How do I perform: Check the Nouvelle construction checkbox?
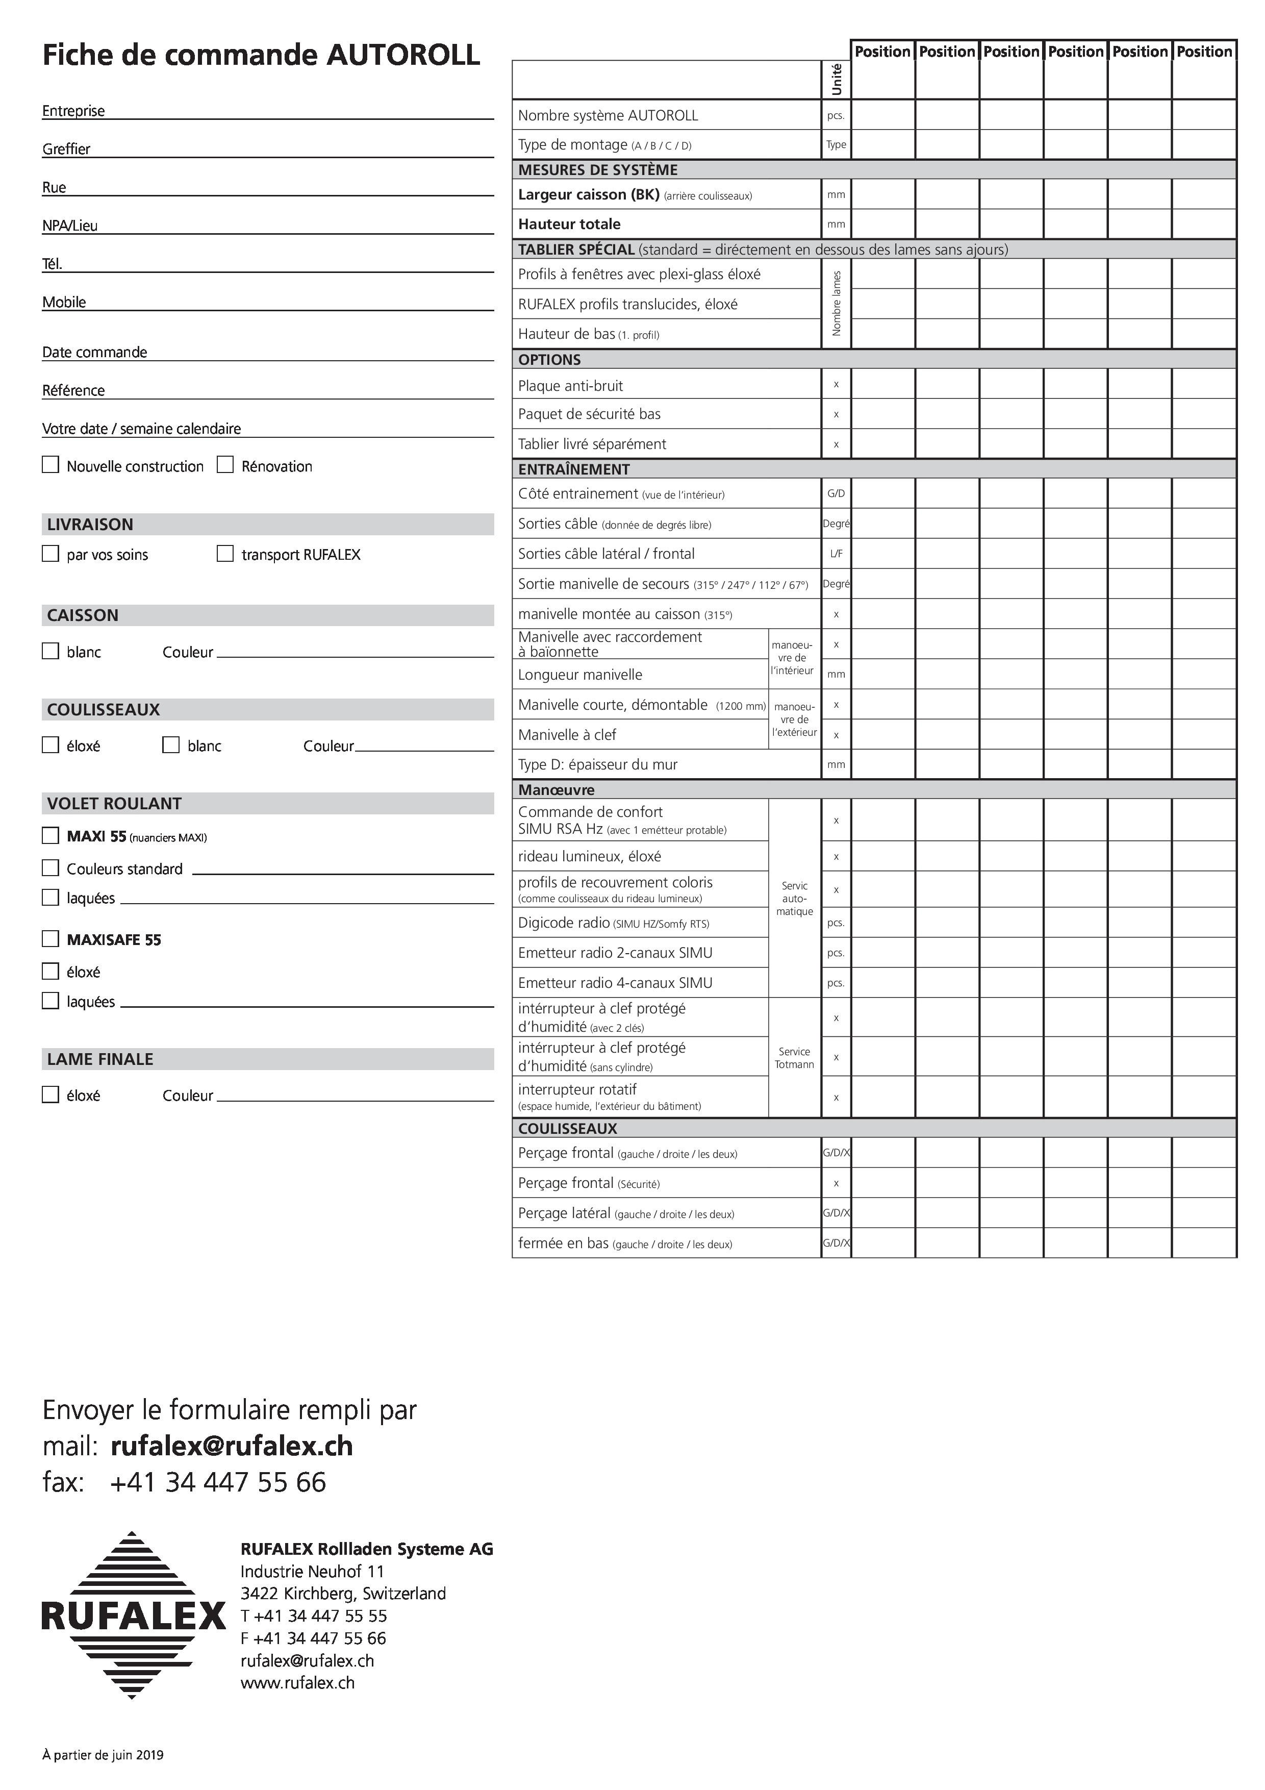click(x=50, y=465)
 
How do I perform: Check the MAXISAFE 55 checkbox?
click(x=50, y=939)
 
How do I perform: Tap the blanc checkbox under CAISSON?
click(x=50, y=651)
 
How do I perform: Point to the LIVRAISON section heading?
click(x=90, y=525)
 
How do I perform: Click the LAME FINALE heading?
click(x=100, y=1059)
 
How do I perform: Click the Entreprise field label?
click(x=73, y=111)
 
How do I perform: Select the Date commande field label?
click(x=94, y=352)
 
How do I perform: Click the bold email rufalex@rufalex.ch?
click(x=232, y=1446)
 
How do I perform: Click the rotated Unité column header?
click(x=837, y=80)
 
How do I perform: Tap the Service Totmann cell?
click(x=794, y=1057)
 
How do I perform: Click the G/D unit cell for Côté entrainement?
click(x=836, y=493)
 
